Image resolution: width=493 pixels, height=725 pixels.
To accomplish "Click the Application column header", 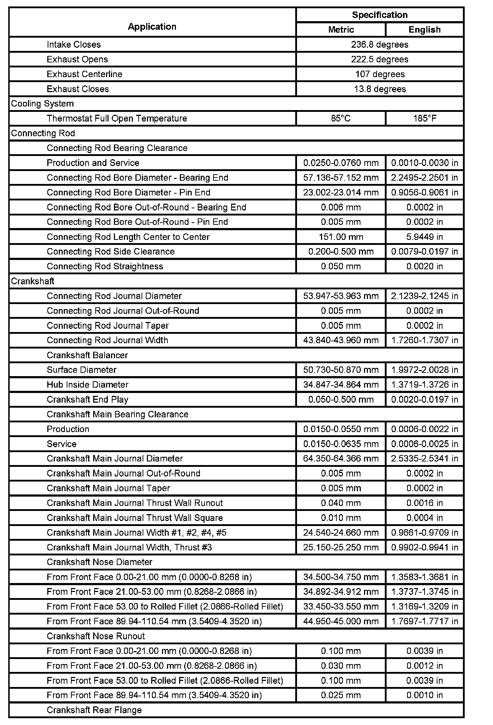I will pyautogui.click(x=152, y=27).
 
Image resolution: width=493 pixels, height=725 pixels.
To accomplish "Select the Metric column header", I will pyautogui.click(x=341, y=30).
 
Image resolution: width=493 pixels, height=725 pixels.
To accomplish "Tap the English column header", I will pyautogui.click(x=424, y=30).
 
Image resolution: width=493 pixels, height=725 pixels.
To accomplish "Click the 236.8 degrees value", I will pyautogui.click(x=379, y=44).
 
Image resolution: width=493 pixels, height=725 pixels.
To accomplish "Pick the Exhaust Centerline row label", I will pyautogui.click(x=85, y=74).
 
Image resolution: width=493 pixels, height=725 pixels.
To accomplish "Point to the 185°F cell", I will pyautogui.click(x=424, y=118).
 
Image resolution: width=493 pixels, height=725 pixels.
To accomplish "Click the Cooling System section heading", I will pyautogui.click(x=42, y=104).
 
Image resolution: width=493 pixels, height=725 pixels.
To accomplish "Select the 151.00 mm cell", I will pyautogui.click(x=341, y=237).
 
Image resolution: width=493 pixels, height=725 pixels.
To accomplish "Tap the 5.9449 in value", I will pyautogui.click(x=424, y=237).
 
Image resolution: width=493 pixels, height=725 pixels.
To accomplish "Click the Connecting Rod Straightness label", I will pyautogui.click(x=105, y=266).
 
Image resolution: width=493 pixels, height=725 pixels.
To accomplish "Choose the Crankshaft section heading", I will pyautogui.click(x=33, y=281).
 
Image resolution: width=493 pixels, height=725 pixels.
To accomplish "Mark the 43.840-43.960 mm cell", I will pyautogui.click(x=341, y=340).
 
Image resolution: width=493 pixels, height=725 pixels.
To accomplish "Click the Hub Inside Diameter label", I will pyautogui.click(x=87, y=385).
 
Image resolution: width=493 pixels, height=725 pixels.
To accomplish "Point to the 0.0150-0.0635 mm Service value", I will pyautogui.click(x=341, y=444).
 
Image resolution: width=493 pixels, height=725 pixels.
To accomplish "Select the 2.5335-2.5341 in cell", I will pyautogui.click(x=424, y=459).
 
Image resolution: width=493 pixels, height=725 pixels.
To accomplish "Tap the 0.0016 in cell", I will pyautogui.click(x=424, y=503).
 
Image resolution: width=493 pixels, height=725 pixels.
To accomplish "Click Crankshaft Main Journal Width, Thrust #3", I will pyautogui.click(x=129, y=548).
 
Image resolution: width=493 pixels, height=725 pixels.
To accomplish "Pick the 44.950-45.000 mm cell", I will pyautogui.click(x=341, y=621).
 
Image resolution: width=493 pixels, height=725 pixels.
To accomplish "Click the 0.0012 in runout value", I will pyautogui.click(x=424, y=666).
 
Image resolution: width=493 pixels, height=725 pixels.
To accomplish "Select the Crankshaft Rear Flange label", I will pyautogui.click(x=94, y=710).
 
